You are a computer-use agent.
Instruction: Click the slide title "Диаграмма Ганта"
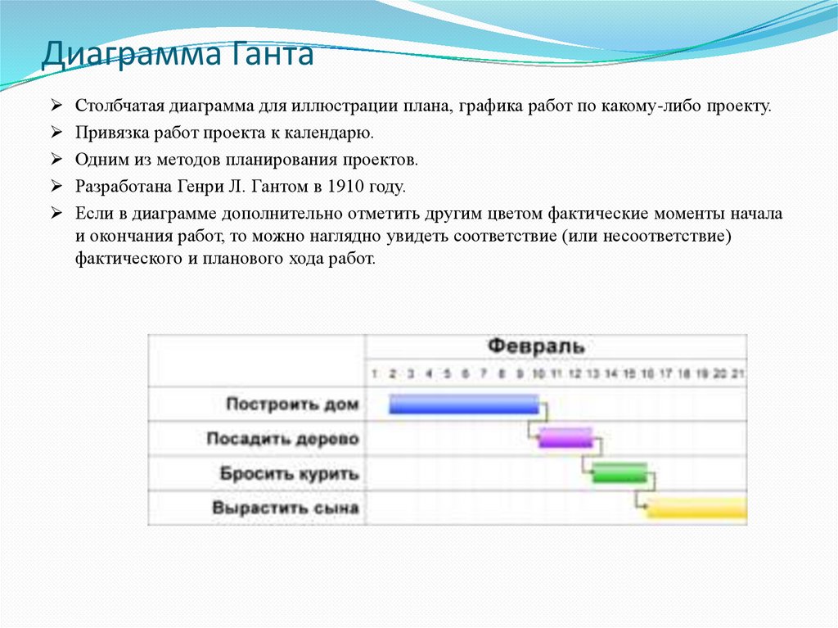coord(178,56)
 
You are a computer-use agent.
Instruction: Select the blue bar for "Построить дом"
coord(463,404)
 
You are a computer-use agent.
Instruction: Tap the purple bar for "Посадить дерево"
coord(565,438)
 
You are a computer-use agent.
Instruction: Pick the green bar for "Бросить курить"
coord(619,472)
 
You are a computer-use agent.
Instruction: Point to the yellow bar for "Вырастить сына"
coord(696,508)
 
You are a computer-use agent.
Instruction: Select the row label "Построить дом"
coord(292,404)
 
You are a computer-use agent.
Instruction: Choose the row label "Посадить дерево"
coord(282,439)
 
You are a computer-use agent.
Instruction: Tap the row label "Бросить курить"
coord(289,473)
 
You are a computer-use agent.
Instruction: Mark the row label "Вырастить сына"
coord(286,508)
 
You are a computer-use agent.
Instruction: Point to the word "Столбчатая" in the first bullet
coord(121,107)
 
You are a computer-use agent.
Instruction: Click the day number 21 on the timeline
coord(738,373)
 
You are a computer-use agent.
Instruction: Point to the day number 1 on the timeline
coord(374,373)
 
